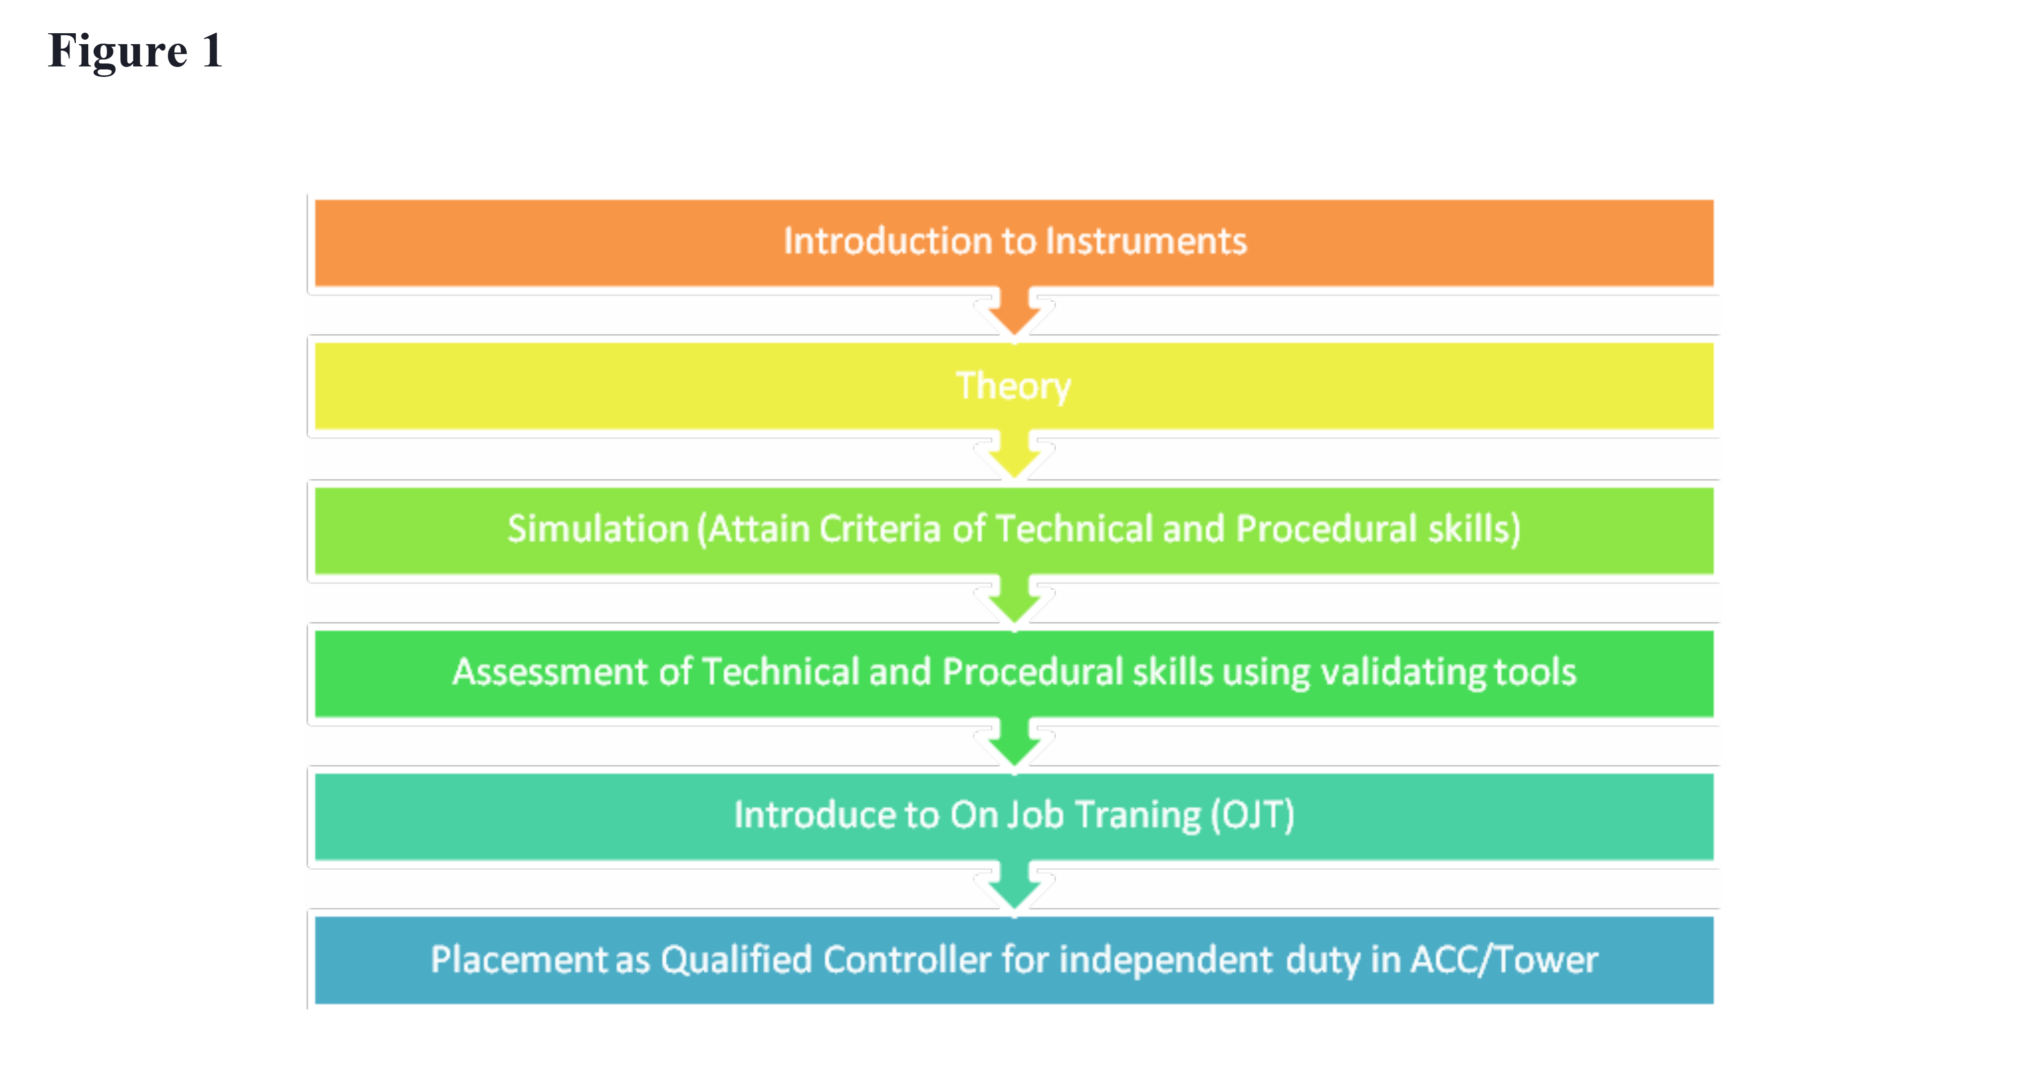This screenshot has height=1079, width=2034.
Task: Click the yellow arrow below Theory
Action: click(1014, 456)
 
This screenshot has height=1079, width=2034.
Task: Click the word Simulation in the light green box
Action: click(598, 529)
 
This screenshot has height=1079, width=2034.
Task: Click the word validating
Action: click(1404, 672)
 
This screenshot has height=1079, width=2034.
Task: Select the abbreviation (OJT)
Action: click(1253, 815)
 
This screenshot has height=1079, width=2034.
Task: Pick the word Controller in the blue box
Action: click(906, 959)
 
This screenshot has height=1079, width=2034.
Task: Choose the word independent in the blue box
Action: click(1166, 959)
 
